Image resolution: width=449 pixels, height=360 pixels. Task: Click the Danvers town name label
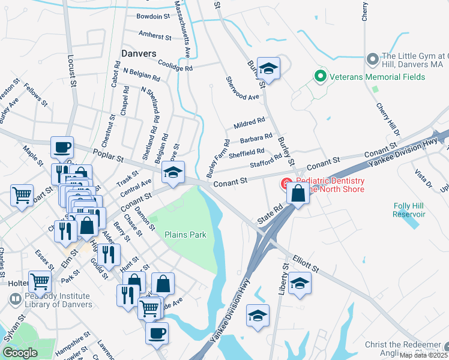pyautogui.click(x=139, y=53)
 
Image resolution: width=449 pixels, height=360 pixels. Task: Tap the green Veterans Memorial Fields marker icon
pyautogui.click(x=321, y=77)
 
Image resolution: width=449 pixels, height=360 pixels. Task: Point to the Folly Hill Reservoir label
pyautogui.click(x=409, y=210)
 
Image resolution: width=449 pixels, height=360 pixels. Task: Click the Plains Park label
pyautogui.click(x=185, y=235)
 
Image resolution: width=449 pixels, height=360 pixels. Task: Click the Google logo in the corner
pyautogui.click(x=20, y=352)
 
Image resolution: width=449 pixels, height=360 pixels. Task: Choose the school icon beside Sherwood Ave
pyautogui.click(x=268, y=69)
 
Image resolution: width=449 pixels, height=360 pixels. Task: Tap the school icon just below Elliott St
pyautogui.click(x=300, y=284)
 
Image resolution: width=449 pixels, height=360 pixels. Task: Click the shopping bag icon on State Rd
pyautogui.click(x=298, y=193)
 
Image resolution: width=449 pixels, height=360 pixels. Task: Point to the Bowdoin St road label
pyautogui.click(x=153, y=16)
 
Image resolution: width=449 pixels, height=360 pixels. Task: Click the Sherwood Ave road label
pyautogui.click(x=242, y=88)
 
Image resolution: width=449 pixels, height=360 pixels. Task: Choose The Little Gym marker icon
pyautogui.click(x=372, y=59)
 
